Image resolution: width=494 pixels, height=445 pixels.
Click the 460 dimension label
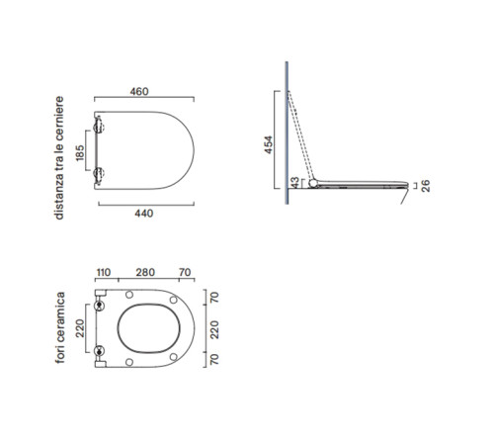[x=139, y=91]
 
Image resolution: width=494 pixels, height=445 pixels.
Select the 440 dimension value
[x=144, y=214]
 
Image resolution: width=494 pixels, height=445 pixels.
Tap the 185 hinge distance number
[x=80, y=153]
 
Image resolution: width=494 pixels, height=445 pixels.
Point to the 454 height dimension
[x=269, y=144]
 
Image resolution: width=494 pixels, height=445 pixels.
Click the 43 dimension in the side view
[x=294, y=182]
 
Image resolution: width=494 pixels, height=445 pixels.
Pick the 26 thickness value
[x=426, y=186]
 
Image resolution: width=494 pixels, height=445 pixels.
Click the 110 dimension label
[x=104, y=273]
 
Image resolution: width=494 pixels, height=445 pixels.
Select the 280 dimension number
[x=145, y=272]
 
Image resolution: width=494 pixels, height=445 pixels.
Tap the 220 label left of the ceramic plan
[x=80, y=328]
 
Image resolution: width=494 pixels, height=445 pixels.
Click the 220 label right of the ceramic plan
[x=214, y=329]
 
